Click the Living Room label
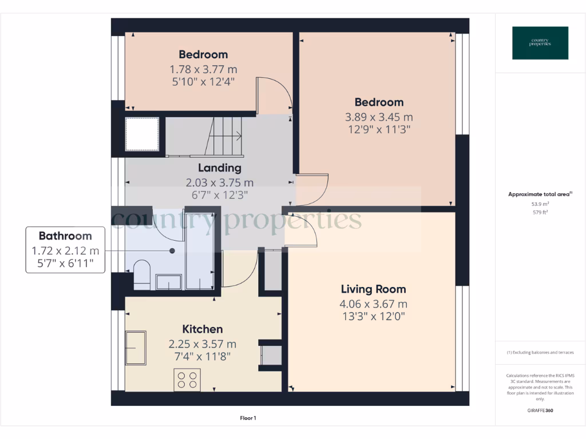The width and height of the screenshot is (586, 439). click(x=373, y=289)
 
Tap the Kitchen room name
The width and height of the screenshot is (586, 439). click(x=202, y=329)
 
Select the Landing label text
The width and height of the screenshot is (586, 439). click(x=219, y=168)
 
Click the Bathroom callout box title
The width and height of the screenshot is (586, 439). click(x=65, y=236)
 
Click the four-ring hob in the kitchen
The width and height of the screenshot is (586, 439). click(x=187, y=380)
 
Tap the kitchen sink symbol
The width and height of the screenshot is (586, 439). click(x=135, y=347)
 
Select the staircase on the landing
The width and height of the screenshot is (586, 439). click(x=225, y=136)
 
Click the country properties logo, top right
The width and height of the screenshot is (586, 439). click(x=540, y=43)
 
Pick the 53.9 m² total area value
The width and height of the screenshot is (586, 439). click(x=540, y=203)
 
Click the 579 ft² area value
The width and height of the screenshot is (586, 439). click(x=540, y=212)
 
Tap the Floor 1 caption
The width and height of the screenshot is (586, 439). click(x=247, y=418)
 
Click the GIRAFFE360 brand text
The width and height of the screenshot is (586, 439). click(x=540, y=410)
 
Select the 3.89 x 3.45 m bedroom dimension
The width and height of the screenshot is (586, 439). click(x=379, y=117)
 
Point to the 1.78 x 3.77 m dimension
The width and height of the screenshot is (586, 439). click(x=203, y=69)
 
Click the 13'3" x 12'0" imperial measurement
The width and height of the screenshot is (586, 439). click(x=373, y=316)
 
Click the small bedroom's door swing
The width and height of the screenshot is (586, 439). click(x=274, y=94)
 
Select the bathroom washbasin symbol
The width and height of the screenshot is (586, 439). click(x=169, y=282)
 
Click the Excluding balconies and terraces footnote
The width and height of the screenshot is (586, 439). click(x=540, y=353)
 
